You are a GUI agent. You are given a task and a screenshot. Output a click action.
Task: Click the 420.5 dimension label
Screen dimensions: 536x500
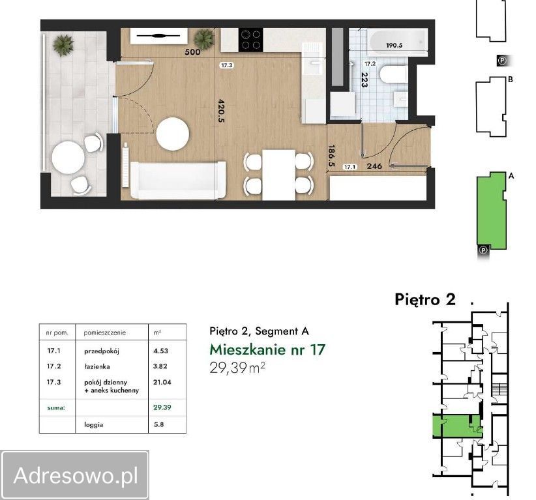[x=221, y=110]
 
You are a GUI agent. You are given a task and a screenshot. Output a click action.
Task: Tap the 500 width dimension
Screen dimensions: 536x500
[x=192, y=52]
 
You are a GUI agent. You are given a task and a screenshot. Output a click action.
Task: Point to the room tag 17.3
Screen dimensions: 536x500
[x=227, y=65]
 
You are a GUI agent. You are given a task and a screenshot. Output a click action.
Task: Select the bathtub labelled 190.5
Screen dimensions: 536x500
[x=397, y=42]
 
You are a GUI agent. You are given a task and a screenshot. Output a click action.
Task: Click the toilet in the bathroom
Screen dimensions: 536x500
[x=393, y=74]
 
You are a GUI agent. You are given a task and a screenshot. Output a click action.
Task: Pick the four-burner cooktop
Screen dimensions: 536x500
[x=250, y=40]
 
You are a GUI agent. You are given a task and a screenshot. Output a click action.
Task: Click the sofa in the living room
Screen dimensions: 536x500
[x=178, y=181]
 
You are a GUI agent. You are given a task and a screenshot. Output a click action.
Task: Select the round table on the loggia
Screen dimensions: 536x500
[x=68, y=158]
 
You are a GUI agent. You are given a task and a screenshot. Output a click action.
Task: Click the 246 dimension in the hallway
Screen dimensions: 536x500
[x=374, y=166]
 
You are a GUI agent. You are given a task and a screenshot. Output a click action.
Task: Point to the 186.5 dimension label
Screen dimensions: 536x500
[x=331, y=156]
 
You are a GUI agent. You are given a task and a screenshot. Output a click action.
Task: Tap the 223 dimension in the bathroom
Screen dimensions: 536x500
[x=365, y=80]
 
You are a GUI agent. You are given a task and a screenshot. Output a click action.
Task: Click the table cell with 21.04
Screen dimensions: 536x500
[x=162, y=382]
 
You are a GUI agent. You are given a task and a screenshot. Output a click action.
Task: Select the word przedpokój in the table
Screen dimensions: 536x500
[x=102, y=351]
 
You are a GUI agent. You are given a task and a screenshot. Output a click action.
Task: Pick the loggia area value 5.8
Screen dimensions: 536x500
[x=158, y=424]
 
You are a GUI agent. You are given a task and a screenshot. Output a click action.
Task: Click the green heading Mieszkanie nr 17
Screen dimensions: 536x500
[x=267, y=349]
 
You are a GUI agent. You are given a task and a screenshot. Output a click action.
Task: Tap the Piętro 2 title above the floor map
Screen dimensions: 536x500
[x=425, y=299]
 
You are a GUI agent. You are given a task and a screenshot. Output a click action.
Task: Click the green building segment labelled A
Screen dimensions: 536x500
[x=490, y=210]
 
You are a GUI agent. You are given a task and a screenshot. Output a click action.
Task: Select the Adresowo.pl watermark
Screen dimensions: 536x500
[x=76, y=475]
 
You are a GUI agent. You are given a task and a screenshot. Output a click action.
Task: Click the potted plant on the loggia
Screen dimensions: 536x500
[x=63, y=45]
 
